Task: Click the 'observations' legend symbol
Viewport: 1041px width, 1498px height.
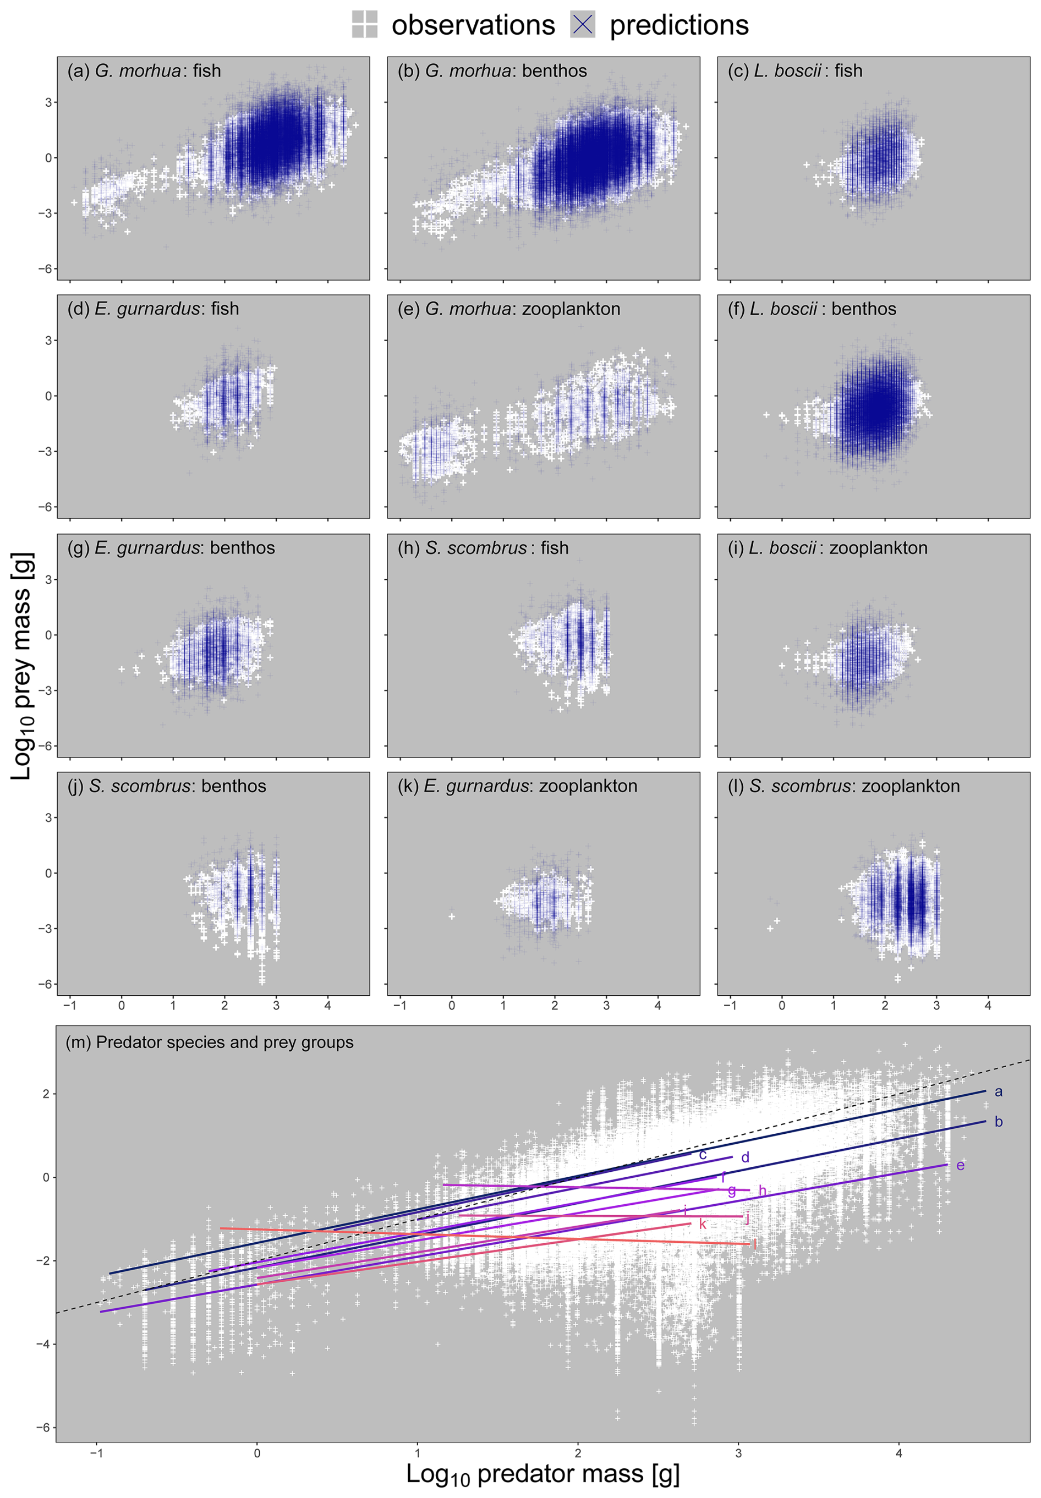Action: point(365,24)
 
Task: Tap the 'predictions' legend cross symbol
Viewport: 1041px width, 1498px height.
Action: point(583,24)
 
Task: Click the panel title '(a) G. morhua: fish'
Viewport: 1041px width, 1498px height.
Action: point(144,70)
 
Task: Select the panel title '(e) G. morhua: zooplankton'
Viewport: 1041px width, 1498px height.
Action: point(509,309)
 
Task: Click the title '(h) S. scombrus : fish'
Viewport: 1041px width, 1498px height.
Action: point(483,548)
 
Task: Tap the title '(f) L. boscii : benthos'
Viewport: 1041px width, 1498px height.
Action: point(812,309)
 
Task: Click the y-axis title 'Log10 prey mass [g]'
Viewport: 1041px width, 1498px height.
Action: point(21,665)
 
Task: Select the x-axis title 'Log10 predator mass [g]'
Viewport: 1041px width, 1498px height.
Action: point(543,1473)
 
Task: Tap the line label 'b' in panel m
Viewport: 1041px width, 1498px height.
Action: point(998,1122)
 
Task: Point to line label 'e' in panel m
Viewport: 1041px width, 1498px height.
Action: point(960,1165)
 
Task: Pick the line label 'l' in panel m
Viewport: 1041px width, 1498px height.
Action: point(755,1244)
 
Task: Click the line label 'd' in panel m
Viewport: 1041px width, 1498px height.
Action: point(745,1157)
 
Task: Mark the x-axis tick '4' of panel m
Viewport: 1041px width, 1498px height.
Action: point(899,1452)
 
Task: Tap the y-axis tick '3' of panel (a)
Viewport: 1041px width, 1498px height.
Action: point(48,102)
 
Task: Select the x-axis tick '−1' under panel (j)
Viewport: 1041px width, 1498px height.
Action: point(70,1005)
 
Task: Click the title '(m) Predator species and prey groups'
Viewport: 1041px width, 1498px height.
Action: point(210,1042)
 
